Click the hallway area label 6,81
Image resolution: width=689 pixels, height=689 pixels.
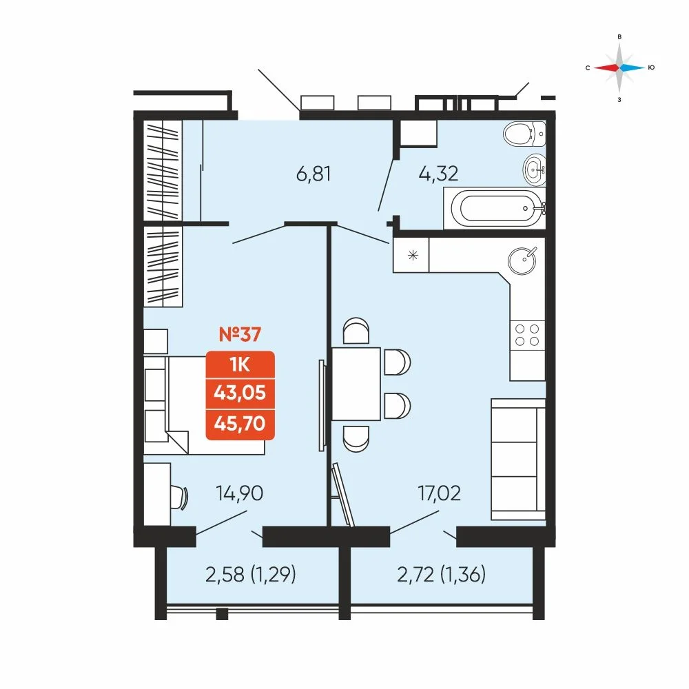pyautogui.click(x=313, y=174)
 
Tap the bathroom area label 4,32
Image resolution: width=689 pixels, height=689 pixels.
pyautogui.click(x=438, y=174)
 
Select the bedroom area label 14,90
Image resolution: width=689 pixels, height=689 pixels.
pyautogui.click(x=240, y=493)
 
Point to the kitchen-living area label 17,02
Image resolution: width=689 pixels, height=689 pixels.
pyautogui.click(x=440, y=493)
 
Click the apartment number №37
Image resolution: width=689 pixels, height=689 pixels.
pyautogui.click(x=240, y=334)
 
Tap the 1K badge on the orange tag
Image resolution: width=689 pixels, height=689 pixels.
pyautogui.click(x=240, y=364)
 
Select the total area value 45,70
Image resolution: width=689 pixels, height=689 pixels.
pyautogui.click(x=240, y=424)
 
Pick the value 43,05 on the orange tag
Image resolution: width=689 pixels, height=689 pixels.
pyautogui.click(x=240, y=393)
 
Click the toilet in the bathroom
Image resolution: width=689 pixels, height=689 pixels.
pyautogui.click(x=524, y=134)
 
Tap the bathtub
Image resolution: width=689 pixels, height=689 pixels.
pyautogui.click(x=495, y=208)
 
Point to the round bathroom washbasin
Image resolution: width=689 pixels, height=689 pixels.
pyautogui.click(x=535, y=168)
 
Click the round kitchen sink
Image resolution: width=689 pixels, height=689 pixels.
pyautogui.click(x=522, y=260)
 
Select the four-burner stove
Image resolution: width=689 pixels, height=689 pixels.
pyautogui.click(x=527, y=335)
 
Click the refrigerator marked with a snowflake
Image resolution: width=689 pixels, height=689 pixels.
pyautogui.click(x=411, y=255)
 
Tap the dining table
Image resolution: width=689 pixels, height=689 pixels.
pyautogui.click(x=356, y=384)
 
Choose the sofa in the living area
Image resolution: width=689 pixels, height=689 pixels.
pyautogui.click(x=518, y=460)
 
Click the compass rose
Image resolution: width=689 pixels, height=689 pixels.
pyautogui.click(x=619, y=68)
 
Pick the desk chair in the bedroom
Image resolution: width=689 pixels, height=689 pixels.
pyautogui.click(x=179, y=497)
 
